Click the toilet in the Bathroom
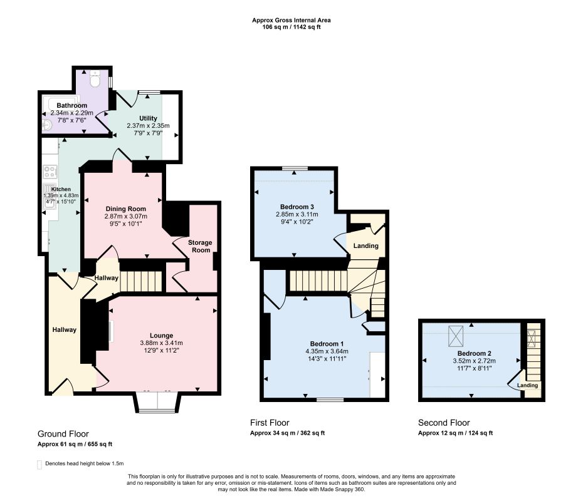tap(95, 79)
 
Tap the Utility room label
tap(148, 118)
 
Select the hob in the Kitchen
tap(50, 172)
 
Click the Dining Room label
tap(125, 209)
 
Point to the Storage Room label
tap(200, 246)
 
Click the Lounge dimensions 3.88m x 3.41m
tap(161, 343)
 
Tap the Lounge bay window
tap(158, 402)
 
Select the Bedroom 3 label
tap(297, 207)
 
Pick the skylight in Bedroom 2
tap(456, 336)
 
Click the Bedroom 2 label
tap(474, 353)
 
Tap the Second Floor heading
tap(444, 423)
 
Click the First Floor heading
tap(270, 423)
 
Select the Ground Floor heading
tap(63, 434)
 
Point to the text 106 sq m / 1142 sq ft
tap(291, 27)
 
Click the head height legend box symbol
tap(39, 465)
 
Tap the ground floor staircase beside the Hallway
tap(141, 281)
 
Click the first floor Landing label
tap(366, 245)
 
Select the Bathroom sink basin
tap(47, 125)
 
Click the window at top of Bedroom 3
tap(295, 168)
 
